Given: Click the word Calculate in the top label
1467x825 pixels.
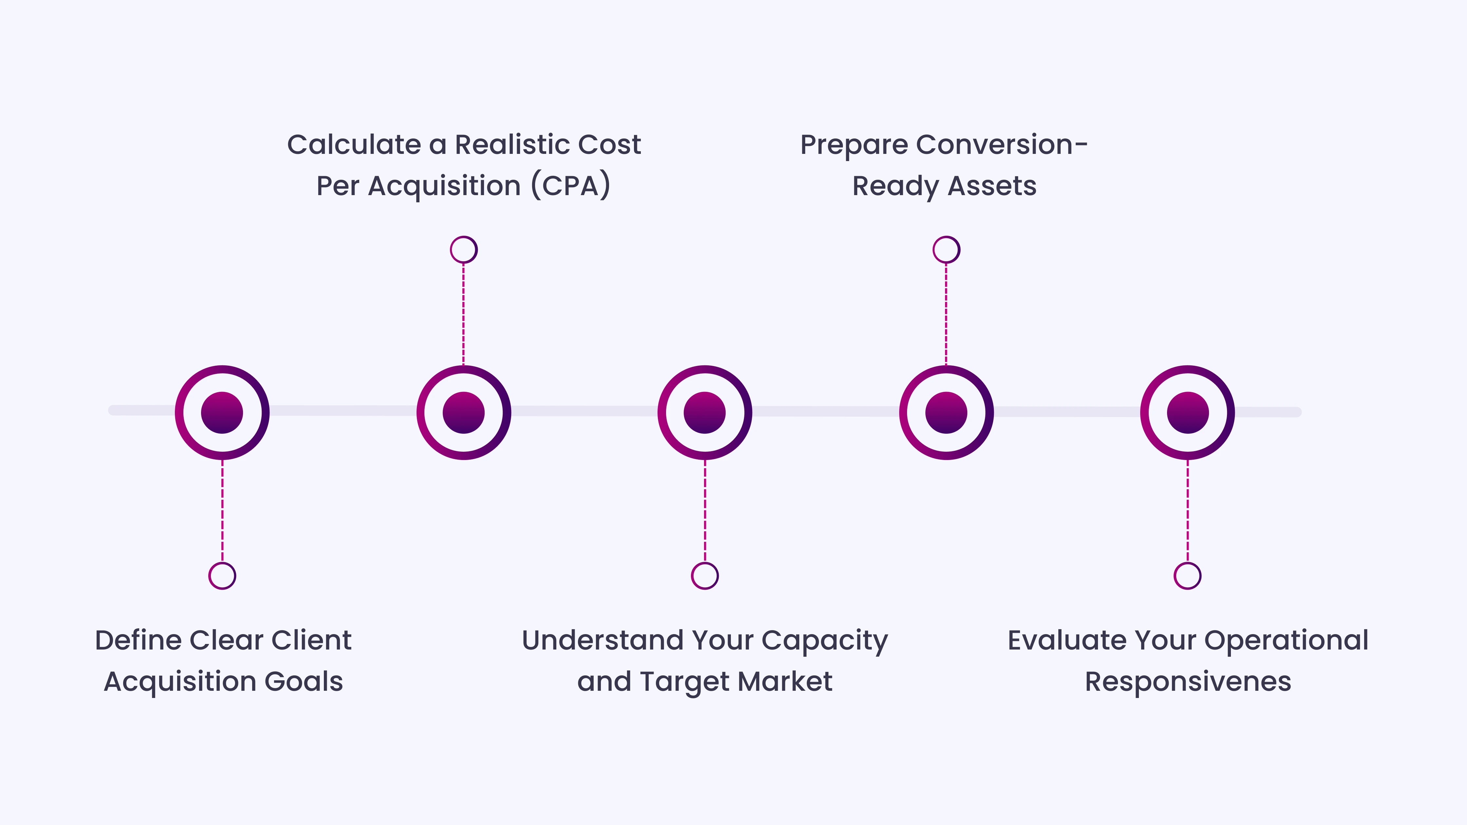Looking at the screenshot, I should pyautogui.click(x=353, y=145).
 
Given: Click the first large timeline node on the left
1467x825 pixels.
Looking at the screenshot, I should pyautogui.click(x=222, y=412).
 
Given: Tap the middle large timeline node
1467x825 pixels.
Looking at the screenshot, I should pyautogui.click(x=704, y=412).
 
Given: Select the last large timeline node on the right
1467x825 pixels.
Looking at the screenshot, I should pyautogui.click(x=1187, y=412).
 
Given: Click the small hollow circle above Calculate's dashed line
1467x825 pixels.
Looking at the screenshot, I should pyautogui.click(x=464, y=249).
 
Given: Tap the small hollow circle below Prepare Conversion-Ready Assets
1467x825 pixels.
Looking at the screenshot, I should pyautogui.click(x=946, y=249).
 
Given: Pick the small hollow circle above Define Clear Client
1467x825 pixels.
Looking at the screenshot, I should pyautogui.click(x=222, y=576).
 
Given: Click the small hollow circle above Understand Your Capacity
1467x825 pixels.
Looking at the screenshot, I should pyautogui.click(x=704, y=576).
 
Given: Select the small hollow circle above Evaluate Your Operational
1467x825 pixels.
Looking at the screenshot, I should pyautogui.click(x=1187, y=576).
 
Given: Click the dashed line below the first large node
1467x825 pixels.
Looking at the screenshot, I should pyautogui.click(x=222, y=510).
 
